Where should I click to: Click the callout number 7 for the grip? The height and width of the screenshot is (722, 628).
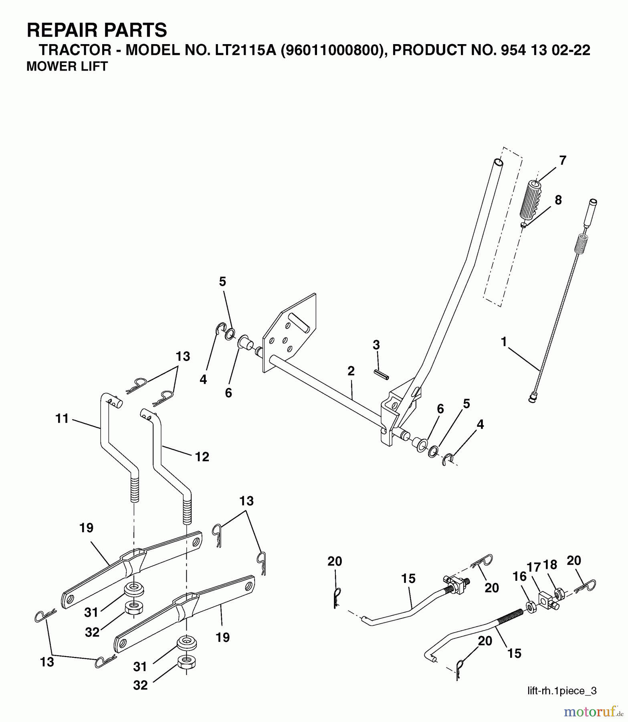(x=563, y=160)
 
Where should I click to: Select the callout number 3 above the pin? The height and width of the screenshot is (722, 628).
(x=376, y=345)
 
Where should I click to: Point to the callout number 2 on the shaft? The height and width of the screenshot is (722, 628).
(x=351, y=371)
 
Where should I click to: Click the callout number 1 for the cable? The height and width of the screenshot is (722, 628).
(x=504, y=342)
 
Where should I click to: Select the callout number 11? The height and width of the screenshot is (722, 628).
(x=63, y=419)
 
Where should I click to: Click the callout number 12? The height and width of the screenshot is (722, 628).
(x=202, y=456)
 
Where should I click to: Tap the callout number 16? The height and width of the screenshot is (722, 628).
(x=519, y=577)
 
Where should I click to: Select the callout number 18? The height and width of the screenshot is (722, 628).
(x=551, y=565)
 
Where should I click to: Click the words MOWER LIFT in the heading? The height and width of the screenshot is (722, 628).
(x=67, y=67)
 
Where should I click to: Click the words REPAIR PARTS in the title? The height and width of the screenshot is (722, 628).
(x=97, y=30)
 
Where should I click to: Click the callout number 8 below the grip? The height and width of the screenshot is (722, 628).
(x=558, y=200)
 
